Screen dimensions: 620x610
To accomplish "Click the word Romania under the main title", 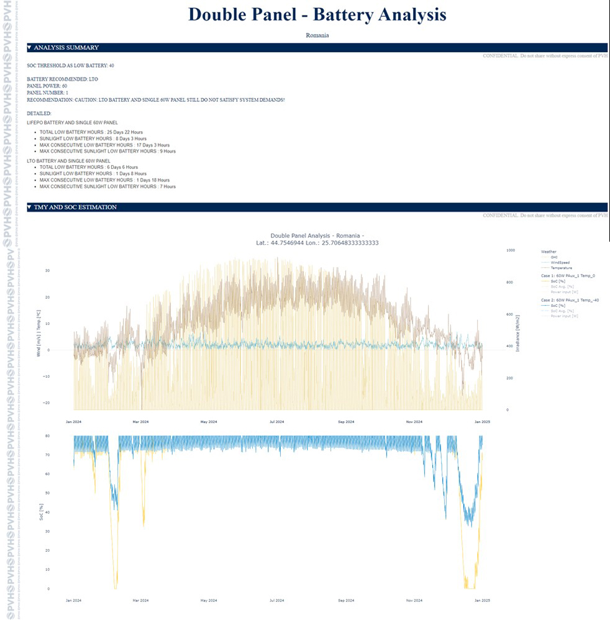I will [x=317, y=35].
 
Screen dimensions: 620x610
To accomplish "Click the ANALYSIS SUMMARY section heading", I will [x=66, y=48].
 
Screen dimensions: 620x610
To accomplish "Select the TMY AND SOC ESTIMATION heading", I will [x=75, y=207].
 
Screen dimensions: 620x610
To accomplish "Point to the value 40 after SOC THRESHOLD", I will [x=111, y=65].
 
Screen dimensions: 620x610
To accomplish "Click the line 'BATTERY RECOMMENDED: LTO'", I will [x=62, y=80].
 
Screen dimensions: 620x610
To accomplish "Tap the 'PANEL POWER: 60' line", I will [x=48, y=86].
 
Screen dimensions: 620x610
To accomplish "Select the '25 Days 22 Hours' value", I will [x=124, y=132].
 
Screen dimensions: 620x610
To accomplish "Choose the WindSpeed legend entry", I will [x=560, y=263].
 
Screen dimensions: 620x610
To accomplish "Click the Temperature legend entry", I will [x=562, y=268].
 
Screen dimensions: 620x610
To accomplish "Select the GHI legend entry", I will [x=554, y=257].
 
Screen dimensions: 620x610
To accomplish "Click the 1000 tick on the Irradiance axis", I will [x=511, y=250].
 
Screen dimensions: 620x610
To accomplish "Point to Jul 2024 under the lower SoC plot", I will [x=277, y=601].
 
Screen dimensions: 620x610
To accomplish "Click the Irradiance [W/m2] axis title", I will [x=517, y=330].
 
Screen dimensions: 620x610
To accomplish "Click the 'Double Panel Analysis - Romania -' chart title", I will [x=317, y=235].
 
